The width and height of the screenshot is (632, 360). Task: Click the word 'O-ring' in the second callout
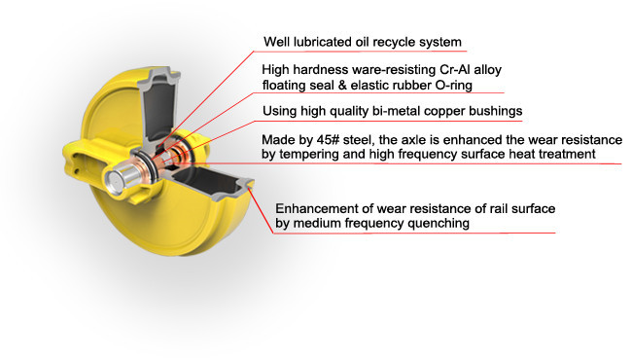pos(454,86)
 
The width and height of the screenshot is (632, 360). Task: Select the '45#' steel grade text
pos(328,140)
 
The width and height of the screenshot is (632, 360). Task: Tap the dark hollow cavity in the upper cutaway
pos(159,108)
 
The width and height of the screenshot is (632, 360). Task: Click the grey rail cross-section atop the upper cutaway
pos(159,76)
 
